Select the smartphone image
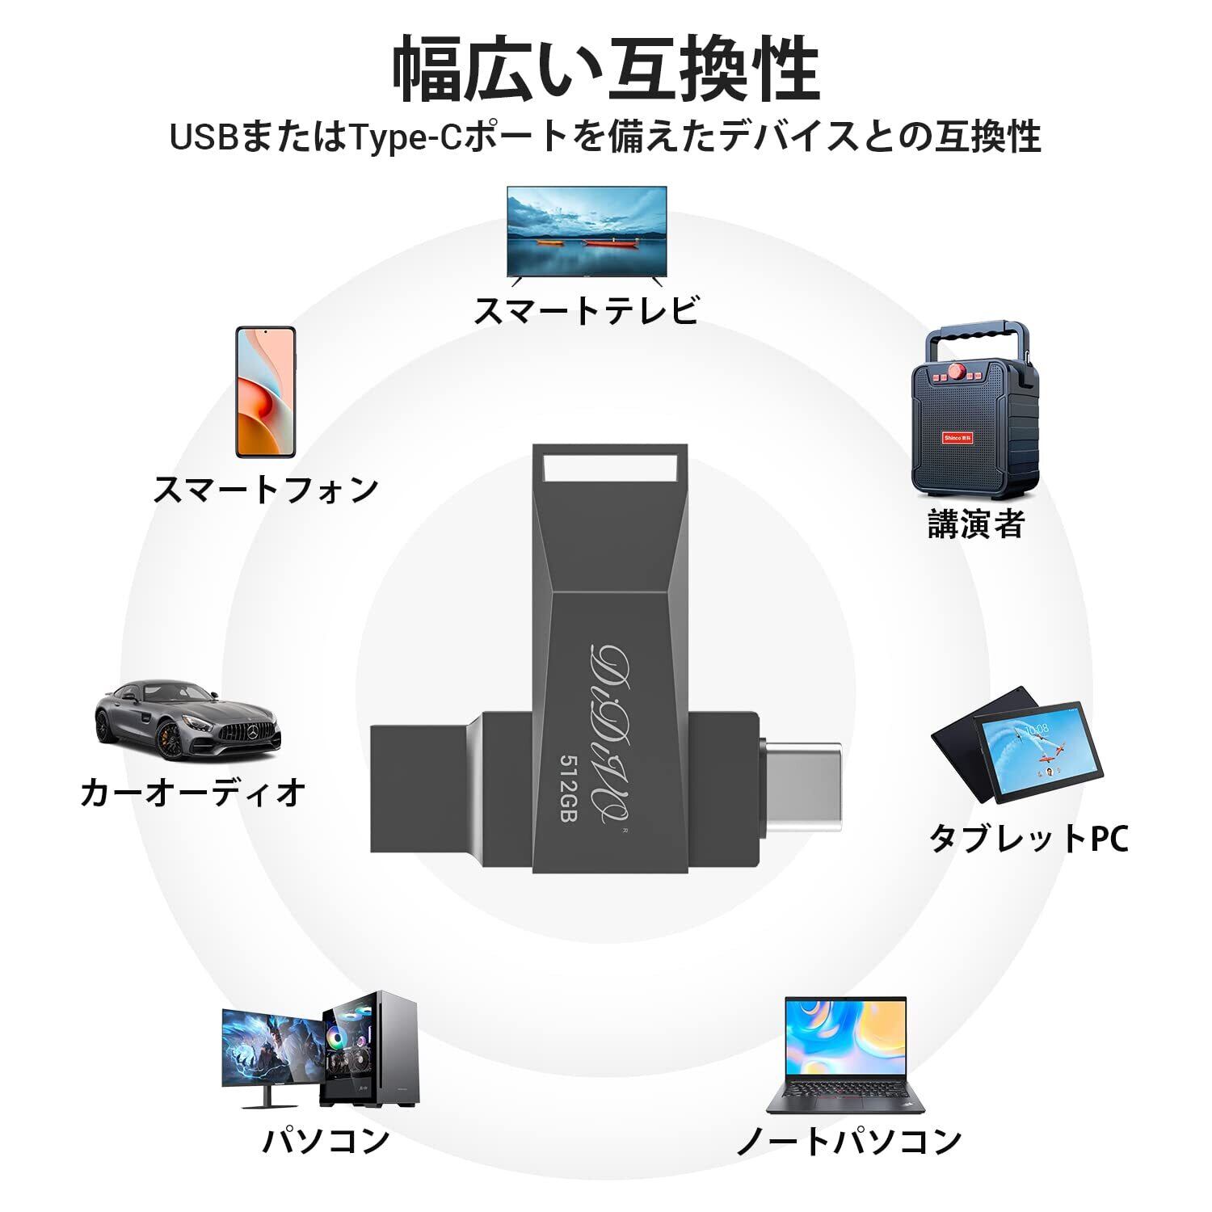(x=266, y=392)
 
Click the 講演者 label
(x=975, y=524)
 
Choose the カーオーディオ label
(x=193, y=793)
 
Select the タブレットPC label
(x=1028, y=839)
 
